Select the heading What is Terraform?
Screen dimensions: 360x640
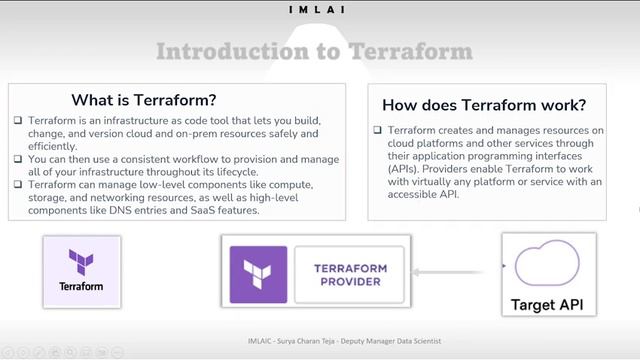click(144, 100)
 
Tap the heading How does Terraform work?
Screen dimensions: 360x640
click(484, 105)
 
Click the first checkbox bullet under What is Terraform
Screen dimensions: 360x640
click(18, 120)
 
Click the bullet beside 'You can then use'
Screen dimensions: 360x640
click(18, 159)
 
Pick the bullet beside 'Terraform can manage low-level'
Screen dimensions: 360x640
click(18, 185)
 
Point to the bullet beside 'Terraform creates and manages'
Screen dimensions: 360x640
click(378, 131)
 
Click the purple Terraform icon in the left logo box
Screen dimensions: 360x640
click(81, 263)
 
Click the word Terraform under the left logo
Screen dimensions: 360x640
click(81, 287)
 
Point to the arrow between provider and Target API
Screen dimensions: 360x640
click(459, 268)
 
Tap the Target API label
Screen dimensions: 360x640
click(547, 304)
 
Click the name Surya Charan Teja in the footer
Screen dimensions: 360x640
click(303, 341)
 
